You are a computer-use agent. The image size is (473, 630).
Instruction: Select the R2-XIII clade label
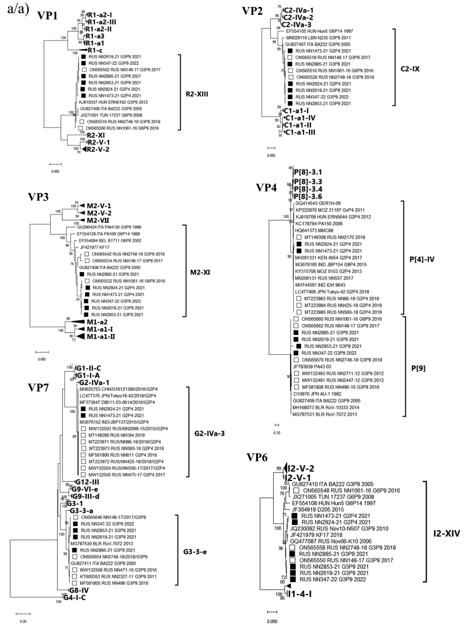tap(197, 94)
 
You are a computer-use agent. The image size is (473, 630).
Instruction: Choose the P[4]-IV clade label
tap(422, 259)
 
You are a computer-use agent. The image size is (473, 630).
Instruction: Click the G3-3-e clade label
tap(195, 552)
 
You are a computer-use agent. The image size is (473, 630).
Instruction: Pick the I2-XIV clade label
tap(447, 533)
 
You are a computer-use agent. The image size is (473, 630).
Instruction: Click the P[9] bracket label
tap(418, 368)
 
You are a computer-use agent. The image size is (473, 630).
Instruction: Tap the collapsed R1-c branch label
tap(95, 50)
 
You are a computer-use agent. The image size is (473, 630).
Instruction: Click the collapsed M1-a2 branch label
tap(97, 322)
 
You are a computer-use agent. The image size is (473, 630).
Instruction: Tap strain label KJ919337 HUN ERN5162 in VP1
tap(114, 102)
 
